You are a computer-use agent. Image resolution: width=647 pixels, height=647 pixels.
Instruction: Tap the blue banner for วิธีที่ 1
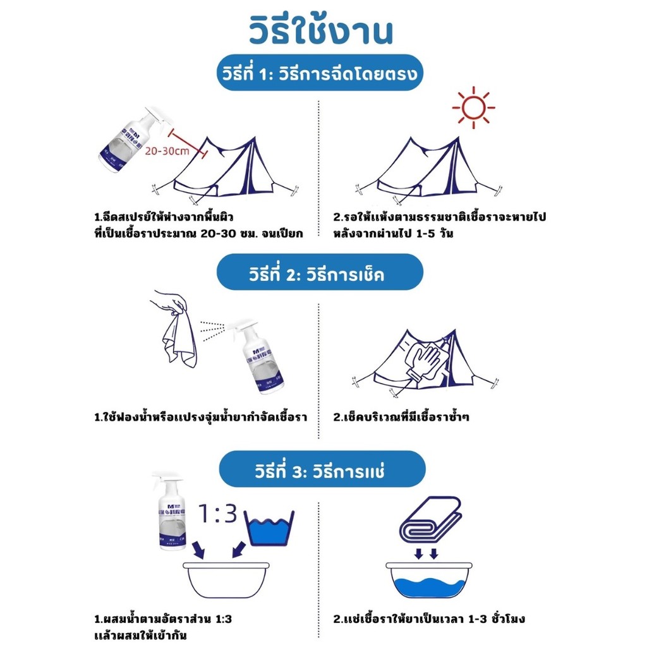tap(320, 73)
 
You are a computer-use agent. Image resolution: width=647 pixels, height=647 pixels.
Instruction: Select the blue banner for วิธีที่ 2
tap(320, 272)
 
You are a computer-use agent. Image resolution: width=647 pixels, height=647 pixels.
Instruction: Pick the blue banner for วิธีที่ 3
tap(322, 469)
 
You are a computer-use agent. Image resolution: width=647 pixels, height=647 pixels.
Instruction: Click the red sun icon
tap(473, 107)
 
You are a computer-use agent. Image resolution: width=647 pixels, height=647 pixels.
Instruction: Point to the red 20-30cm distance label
tap(167, 150)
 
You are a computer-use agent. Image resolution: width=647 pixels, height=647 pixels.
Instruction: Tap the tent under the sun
tap(428, 171)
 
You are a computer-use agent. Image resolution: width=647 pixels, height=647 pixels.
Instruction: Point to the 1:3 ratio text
tap(217, 514)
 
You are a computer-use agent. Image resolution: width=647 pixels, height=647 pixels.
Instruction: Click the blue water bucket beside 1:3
tap(269, 528)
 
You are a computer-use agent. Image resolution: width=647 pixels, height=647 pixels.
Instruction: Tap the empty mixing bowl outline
tap(226, 580)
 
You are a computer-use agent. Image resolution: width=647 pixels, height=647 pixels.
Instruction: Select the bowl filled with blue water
tap(429, 580)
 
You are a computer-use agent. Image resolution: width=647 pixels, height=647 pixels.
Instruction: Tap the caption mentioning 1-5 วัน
tap(440, 225)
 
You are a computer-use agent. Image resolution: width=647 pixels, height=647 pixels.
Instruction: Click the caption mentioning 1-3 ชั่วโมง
tap(429, 619)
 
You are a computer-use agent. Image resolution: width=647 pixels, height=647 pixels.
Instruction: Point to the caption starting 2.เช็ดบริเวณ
tap(401, 417)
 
